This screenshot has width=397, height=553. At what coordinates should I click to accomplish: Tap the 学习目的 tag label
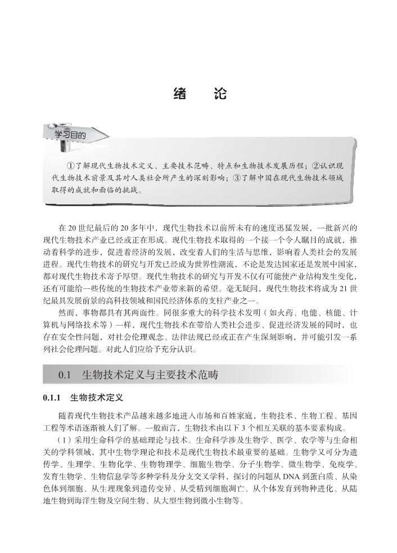tap(70, 136)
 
